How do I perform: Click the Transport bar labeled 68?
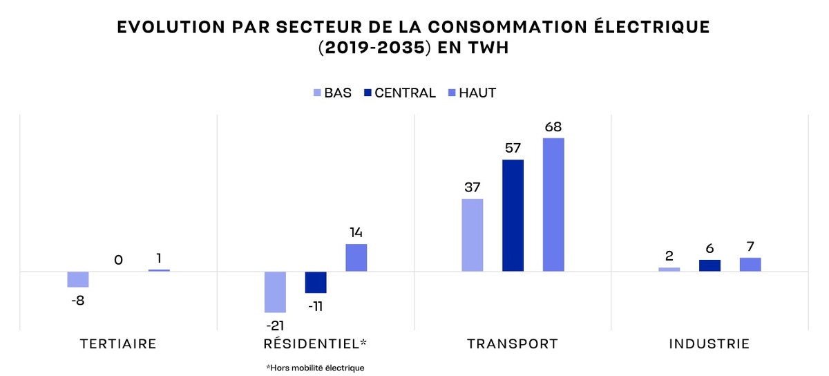tap(553, 205)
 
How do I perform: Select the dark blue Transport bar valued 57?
tap(513, 215)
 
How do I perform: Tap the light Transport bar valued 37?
tap(473, 235)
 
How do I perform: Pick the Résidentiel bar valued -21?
tap(276, 292)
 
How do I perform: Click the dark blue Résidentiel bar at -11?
tap(316, 282)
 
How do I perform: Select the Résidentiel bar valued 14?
tap(356, 257)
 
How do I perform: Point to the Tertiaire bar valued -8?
tap(78, 279)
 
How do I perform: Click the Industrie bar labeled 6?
tap(709, 265)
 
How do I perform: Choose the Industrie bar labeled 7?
tap(750, 264)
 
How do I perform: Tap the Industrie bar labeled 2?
tap(669, 269)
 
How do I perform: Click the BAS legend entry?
tap(332, 93)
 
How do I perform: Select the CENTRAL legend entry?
tap(400, 93)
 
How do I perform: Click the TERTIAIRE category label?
tap(118, 344)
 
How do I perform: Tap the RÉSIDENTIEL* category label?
tap(316, 344)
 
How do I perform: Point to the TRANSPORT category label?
tap(512, 344)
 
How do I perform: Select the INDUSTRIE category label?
tap(709, 344)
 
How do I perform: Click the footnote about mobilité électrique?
tap(315, 368)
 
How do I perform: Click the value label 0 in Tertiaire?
tap(118, 260)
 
